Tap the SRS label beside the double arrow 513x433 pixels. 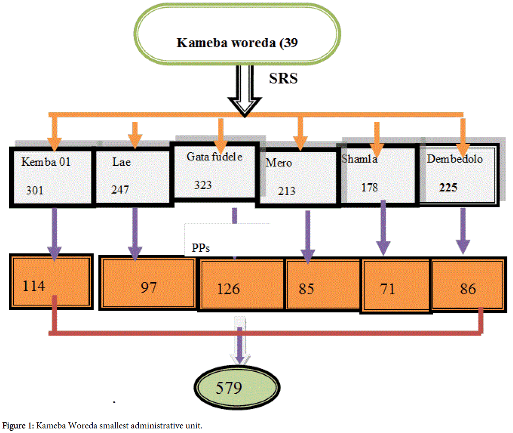coord(283,78)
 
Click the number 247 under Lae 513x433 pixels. coord(120,190)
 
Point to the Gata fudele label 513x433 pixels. coord(214,156)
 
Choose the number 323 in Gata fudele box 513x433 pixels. coord(203,185)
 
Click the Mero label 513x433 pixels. coord(279,162)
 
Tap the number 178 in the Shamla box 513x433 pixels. coord(370,187)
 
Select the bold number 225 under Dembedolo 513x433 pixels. coord(448,188)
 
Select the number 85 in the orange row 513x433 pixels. coord(306,289)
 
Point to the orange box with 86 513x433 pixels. coord(467,289)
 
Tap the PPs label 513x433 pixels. coord(201,248)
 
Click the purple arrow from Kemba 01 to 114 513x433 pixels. coord(55,233)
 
